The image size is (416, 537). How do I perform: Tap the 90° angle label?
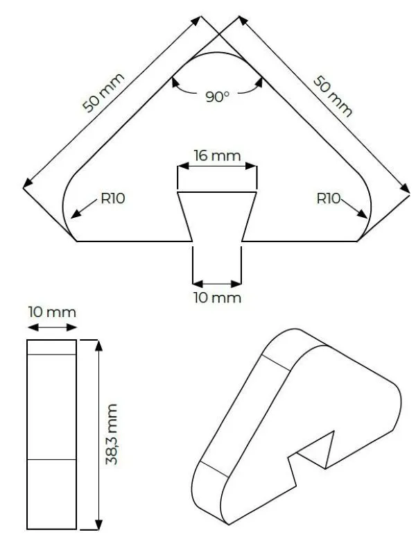[217, 97]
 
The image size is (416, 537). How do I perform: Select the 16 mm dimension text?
[218, 155]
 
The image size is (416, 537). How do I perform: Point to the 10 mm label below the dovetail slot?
[218, 298]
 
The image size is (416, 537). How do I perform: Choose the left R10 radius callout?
[112, 198]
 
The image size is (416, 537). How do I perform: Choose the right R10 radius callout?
[328, 198]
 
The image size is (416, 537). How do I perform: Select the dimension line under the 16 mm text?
[218, 166]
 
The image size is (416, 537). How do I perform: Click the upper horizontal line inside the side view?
[52, 355]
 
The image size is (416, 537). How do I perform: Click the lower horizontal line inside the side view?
[52, 459]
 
